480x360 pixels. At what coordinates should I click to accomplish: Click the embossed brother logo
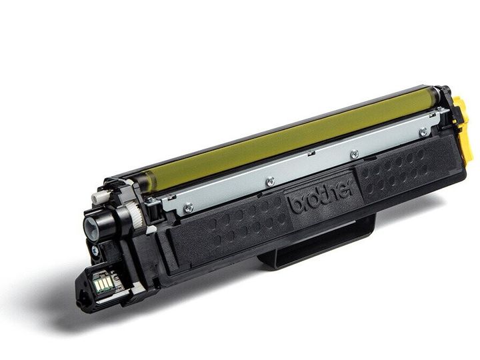click(x=321, y=198)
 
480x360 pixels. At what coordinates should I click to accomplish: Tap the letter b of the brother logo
click(x=295, y=206)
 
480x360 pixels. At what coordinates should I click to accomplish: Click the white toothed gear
click(x=135, y=215)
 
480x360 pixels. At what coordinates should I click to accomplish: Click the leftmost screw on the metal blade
click(x=188, y=208)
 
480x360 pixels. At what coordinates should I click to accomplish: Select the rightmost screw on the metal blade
click(x=423, y=132)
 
